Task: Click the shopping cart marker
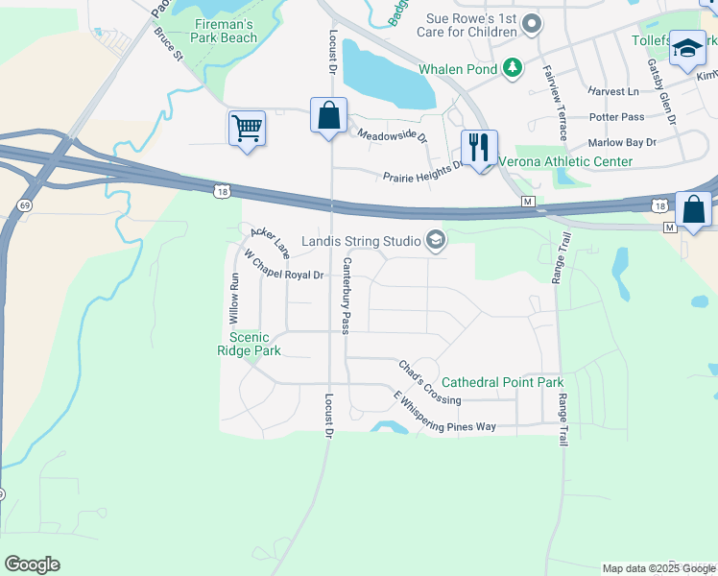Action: (247, 128)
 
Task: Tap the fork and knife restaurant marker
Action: (478, 148)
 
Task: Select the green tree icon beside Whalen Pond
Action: (514, 67)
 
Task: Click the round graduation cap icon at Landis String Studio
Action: (436, 240)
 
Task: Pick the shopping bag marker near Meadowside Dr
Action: (328, 115)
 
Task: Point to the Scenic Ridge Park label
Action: (249, 344)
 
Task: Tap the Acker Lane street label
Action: (270, 242)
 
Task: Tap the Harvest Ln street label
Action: (613, 91)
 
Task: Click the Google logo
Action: (32, 564)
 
